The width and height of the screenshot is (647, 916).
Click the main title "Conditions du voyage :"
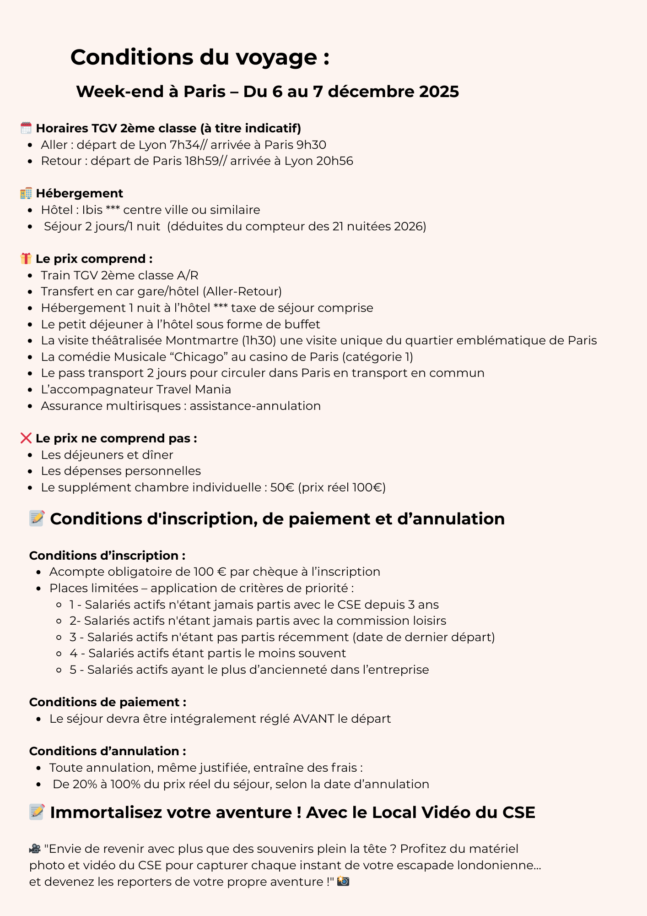(200, 58)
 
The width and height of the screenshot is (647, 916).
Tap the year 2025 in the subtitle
(439, 92)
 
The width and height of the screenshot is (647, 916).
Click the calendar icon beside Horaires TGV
(26, 128)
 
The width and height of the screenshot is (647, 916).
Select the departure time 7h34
(184, 145)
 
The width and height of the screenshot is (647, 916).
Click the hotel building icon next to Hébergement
(26, 193)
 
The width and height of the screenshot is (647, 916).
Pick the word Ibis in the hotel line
(92, 210)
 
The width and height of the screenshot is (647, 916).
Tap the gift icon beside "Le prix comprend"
(26, 259)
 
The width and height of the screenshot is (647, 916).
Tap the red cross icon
(26, 438)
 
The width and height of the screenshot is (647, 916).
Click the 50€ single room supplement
(282, 487)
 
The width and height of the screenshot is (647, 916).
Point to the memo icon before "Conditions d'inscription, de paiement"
(37, 518)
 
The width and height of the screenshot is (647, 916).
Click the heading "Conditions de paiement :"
(108, 702)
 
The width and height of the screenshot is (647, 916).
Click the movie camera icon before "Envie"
(35, 849)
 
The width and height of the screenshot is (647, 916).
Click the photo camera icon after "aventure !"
(343, 882)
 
